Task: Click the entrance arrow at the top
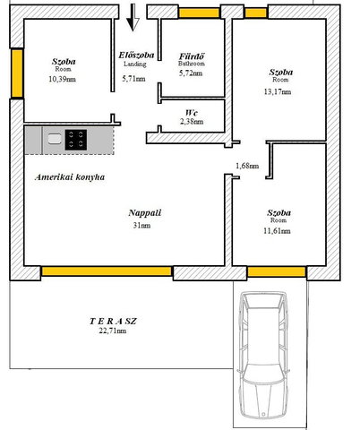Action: [133, 17]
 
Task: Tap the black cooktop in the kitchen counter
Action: [76, 140]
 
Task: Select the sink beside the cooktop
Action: [55, 139]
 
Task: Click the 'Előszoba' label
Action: [136, 56]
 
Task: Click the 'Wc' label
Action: [192, 113]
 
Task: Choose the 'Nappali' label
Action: [145, 213]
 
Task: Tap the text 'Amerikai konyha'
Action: [70, 177]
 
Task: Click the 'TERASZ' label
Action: [113, 322]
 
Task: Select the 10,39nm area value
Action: [62, 79]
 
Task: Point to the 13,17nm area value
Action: [278, 91]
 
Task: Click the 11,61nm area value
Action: [277, 231]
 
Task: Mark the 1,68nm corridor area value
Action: [247, 166]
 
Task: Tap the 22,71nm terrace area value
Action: [112, 331]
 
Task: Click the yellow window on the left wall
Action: [17, 73]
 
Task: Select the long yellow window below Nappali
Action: [107, 271]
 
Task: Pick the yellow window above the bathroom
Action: [199, 13]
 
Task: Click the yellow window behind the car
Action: [277, 271]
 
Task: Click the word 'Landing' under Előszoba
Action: [135, 64]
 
